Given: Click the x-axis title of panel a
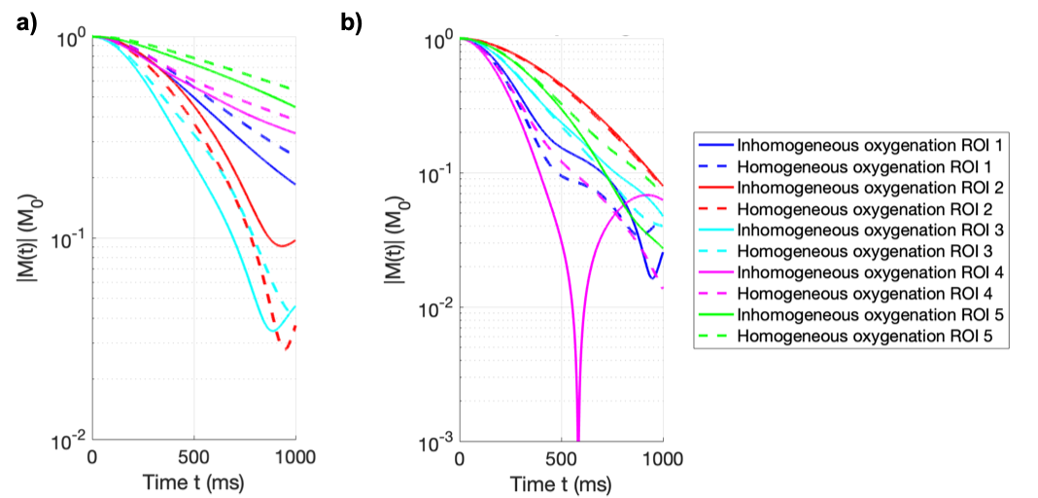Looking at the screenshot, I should pos(193,481).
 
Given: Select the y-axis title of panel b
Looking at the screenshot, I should pos(398,239).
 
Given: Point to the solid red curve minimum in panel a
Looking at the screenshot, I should pos(282,245).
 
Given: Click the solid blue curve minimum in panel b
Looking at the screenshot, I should pos(653,278).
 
